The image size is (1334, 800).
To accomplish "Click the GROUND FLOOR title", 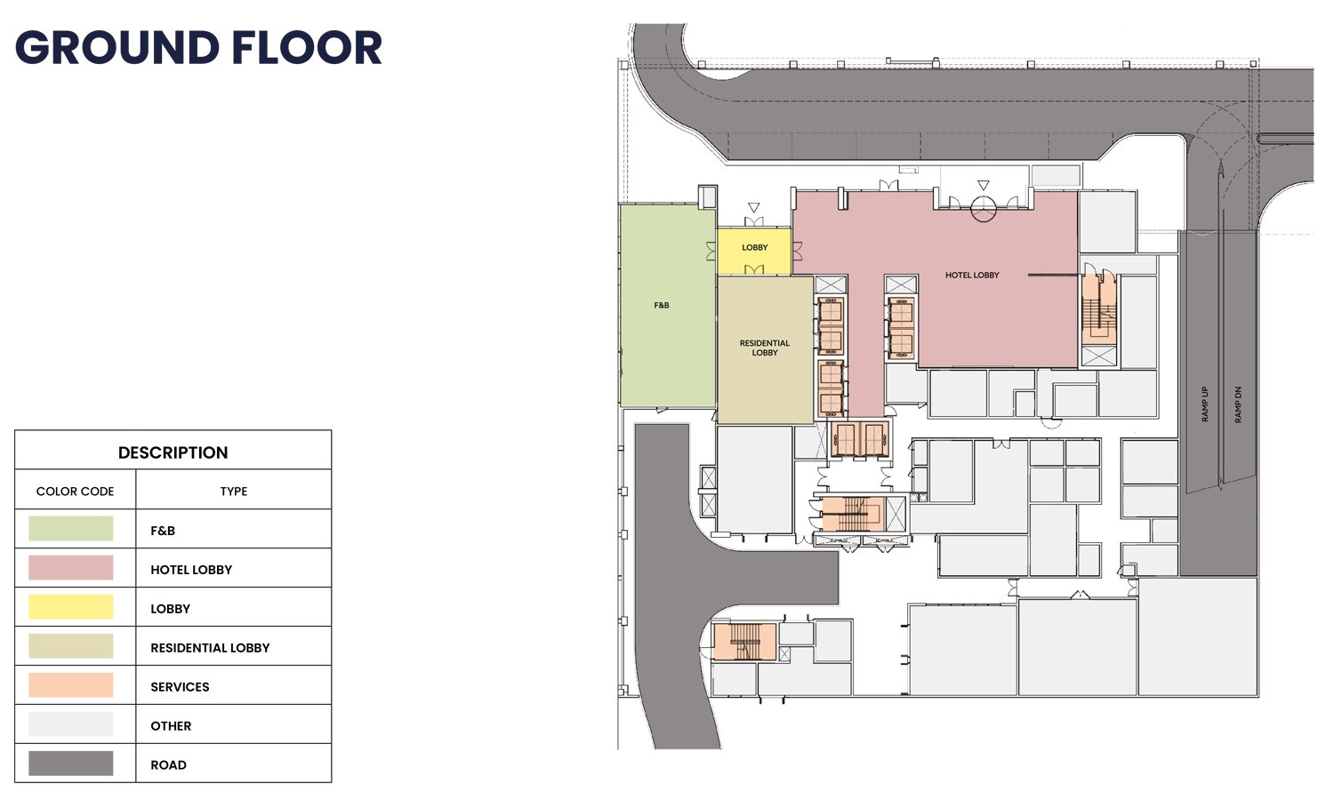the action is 198,48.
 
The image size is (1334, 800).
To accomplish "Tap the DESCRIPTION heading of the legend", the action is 173,452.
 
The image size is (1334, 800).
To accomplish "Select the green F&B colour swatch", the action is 71,529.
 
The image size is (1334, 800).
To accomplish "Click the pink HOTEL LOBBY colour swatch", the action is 71,568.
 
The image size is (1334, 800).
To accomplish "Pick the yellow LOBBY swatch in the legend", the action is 71,607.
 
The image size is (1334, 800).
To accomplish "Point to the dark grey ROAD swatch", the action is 71,764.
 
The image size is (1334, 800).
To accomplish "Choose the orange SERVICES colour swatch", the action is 71,685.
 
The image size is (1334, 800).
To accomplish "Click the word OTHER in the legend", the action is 171,726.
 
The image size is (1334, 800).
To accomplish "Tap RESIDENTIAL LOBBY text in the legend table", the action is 210,648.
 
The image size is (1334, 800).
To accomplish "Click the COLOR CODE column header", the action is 75,492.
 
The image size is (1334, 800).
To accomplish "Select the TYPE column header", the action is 233,492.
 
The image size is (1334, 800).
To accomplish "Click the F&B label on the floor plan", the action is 662,306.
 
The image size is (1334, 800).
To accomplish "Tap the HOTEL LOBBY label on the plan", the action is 973,275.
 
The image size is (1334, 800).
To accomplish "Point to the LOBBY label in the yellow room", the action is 754,248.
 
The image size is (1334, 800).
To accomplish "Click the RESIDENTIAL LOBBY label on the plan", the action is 765,348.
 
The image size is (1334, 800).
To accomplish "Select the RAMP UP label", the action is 1205,404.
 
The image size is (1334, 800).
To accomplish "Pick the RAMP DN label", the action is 1238,404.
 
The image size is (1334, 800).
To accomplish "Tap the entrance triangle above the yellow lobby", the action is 754,208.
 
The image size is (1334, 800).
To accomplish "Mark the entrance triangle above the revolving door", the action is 984,185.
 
